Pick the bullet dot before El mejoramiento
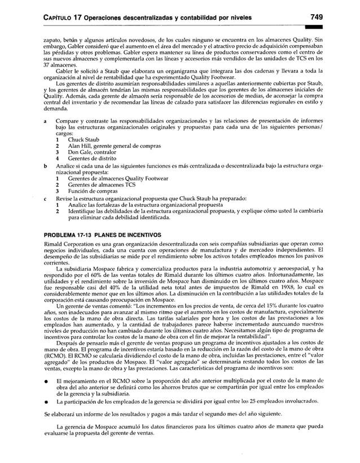pos(45,382)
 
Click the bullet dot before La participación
pos(45,402)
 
